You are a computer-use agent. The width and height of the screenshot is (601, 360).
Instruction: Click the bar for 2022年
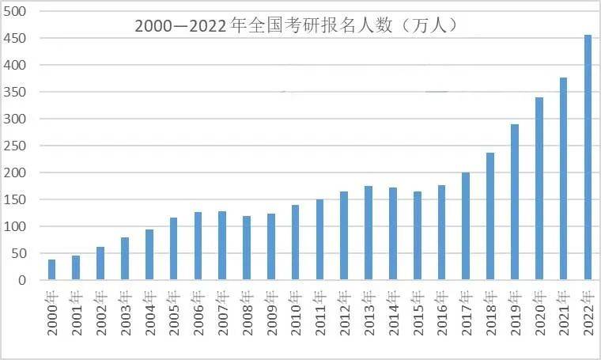coord(588,157)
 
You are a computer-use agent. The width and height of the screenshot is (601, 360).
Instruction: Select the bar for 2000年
coord(52,270)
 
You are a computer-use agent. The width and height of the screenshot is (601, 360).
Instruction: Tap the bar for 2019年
coord(515,203)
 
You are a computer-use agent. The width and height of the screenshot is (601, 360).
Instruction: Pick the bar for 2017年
coord(466,226)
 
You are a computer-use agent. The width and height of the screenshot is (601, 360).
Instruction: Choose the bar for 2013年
coord(369,233)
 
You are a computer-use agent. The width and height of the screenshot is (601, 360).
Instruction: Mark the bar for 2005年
coord(173,248)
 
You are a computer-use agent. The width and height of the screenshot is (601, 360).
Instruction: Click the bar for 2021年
coord(564,179)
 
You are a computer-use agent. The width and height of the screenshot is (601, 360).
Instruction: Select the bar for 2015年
coord(417,236)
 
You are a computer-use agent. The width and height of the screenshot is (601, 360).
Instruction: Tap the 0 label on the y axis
coord(22,280)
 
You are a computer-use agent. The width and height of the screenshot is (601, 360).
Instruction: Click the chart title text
coord(296,25)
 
